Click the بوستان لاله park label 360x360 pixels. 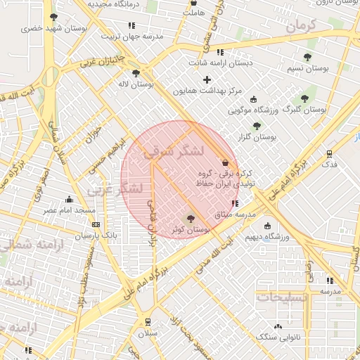(136, 84)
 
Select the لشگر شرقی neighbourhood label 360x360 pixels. (174, 150)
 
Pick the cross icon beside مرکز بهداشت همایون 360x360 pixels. (207, 79)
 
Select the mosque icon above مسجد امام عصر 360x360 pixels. (69, 200)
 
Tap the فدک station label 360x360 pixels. (329, 165)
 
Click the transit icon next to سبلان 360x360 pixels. (148, 322)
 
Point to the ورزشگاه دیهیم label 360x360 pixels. (268, 238)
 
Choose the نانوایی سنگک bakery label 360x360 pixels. (278, 337)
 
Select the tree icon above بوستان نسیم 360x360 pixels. (307, 57)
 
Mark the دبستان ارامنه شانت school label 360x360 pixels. (220, 63)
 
